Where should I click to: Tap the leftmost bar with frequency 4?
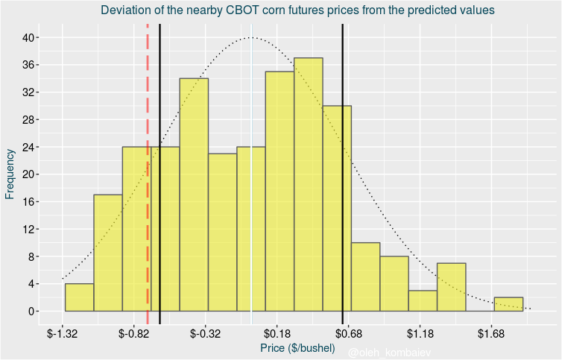tap(79, 297)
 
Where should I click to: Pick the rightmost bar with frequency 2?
tap(508, 304)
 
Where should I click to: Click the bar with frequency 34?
tap(194, 195)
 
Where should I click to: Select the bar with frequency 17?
tap(108, 253)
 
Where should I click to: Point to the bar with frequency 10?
tap(365, 277)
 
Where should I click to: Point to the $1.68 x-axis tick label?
tap(491, 333)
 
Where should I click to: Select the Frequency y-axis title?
tap(10, 174)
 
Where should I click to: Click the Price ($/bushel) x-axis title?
tap(297, 348)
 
